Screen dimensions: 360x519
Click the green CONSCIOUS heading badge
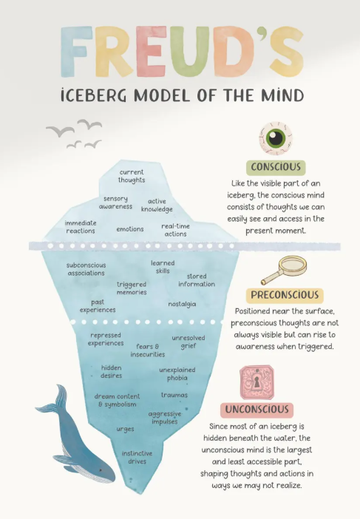tap(276, 167)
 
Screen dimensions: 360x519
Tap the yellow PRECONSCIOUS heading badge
tap(285, 295)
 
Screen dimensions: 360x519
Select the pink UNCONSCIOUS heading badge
tap(257, 410)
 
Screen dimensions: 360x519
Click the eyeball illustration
tap(276, 138)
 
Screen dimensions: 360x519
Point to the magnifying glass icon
tap(285, 270)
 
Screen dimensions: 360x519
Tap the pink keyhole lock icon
tap(257, 382)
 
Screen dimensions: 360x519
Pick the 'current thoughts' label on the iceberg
tap(132, 176)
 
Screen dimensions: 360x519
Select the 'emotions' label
tap(130, 229)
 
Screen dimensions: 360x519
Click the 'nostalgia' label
tap(182, 304)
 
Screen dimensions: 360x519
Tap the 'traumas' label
tap(174, 396)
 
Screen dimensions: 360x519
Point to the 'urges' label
tap(125, 430)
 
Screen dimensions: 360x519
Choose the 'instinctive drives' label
tap(137, 458)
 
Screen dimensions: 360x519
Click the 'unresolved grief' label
tap(189, 342)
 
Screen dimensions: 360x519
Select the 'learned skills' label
tap(163, 267)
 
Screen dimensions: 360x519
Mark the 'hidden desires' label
tap(112, 372)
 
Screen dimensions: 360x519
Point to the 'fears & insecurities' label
tap(148, 350)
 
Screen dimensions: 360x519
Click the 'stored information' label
tap(197, 280)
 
